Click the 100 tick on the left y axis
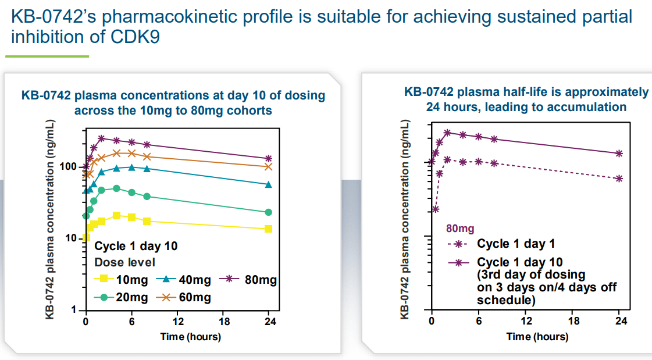(x=69, y=167)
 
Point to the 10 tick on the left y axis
(x=72, y=238)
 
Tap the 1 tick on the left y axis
(x=74, y=310)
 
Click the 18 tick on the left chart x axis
(x=224, y=321)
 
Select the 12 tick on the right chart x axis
(x=526, y=321)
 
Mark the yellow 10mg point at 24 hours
(x=269, y=229)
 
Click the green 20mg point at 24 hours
(x=269, y=212)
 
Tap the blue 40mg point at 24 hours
(x=269, y=185)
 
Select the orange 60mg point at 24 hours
(x=269, y=166)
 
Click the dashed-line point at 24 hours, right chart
(x=619, y=179)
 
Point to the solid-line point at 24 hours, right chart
(x=619, y=154)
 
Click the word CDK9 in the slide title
(x=134, y=37)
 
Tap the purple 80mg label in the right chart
(x=460, y=229)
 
